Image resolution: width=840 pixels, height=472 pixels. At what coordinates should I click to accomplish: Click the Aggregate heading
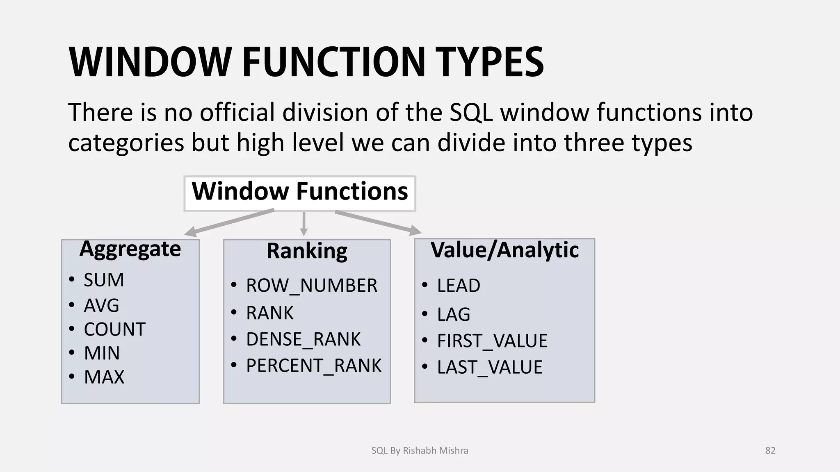coord(130,249)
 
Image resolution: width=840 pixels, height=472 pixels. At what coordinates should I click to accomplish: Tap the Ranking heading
coord(307,251)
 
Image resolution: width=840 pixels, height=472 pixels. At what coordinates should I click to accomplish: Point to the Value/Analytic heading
coord(504,250)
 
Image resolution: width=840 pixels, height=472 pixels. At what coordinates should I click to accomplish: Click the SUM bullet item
coord(104,280)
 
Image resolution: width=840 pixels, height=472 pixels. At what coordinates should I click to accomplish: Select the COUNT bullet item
coord(114,329)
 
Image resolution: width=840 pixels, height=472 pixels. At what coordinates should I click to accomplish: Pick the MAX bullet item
coord(104,377)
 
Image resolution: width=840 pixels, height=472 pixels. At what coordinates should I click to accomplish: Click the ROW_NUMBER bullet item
coord(311,286)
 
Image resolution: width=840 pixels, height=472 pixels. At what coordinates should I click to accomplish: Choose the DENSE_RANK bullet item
coord(303,340)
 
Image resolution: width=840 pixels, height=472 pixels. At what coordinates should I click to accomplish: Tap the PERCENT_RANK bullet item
coord(313,366)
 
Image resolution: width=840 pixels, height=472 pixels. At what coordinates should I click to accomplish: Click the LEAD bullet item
coord(458,286)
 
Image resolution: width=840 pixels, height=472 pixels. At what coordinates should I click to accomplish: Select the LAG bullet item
coord(453,315)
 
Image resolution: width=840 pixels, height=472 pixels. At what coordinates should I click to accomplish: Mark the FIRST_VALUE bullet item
coord(492,341)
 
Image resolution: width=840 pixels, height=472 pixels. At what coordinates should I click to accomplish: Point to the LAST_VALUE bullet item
coord(489,367)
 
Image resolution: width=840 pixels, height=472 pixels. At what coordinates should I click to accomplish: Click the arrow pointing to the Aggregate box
coord(230,223)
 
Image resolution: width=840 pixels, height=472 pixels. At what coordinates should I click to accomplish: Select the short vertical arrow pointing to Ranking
coord(304,224)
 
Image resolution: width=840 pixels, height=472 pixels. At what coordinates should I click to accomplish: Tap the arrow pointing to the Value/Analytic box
coord(377,222)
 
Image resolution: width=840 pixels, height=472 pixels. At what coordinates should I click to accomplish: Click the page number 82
coord(770,451)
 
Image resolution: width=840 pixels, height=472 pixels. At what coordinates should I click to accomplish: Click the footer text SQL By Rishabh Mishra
coord(420,451)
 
